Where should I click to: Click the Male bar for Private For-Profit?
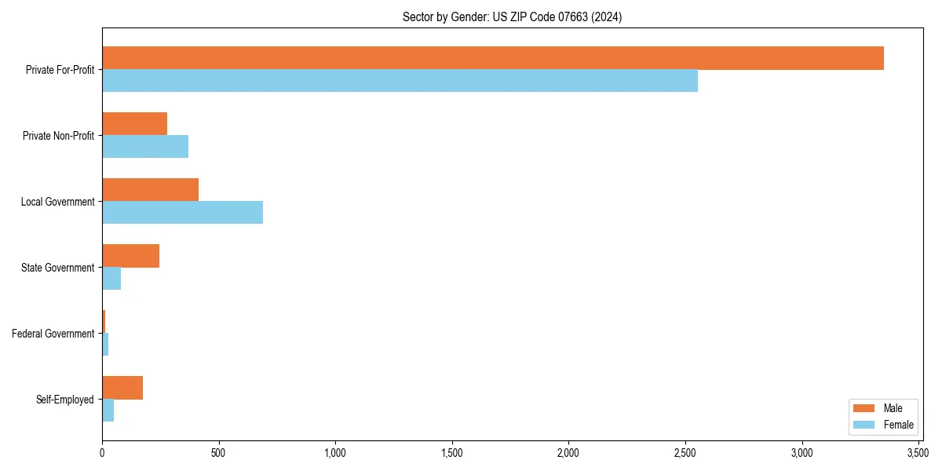tap(493, 58)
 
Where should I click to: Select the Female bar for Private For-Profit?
tap(400, 81)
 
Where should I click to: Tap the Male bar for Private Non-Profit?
tap(134, 124)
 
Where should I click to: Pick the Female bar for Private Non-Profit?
tap(145, 147)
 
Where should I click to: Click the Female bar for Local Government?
tap(182, 213)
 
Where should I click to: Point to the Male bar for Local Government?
tap(150, 190)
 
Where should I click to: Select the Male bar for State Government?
tap(130, 256)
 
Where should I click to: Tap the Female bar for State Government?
tap(111, 279)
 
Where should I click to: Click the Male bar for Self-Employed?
tap(122, 388)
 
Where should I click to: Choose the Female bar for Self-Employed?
tap(108, 411)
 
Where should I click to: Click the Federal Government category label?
tap(53, 334)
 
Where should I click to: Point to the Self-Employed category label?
tap(65, 400)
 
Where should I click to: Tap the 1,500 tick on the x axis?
tap(452, 453)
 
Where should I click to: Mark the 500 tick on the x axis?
tap(218, 453)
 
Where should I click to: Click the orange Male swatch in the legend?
tap(863, 408)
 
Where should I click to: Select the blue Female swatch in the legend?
tap(863, 425)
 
